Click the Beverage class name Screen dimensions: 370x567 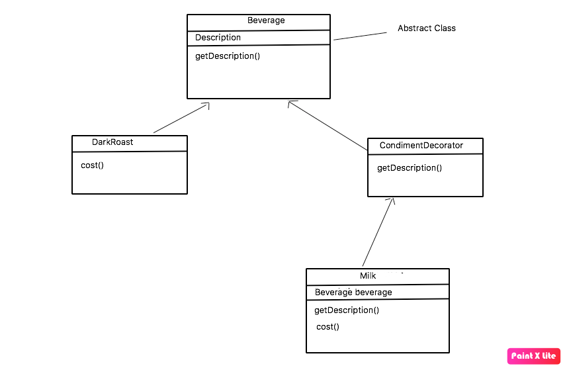click(266, 21)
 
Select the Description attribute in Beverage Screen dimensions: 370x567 click(218, 38)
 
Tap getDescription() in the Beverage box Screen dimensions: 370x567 click(227, 56)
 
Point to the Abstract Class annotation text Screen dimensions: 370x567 click(426, 28)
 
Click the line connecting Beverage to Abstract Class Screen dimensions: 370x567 click(360, 36)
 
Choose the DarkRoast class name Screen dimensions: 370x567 click(112, 142)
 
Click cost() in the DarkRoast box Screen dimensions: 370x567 click(92, 165)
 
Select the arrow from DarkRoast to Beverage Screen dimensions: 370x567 click(180, 118)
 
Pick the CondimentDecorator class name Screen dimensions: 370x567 click(421, 146)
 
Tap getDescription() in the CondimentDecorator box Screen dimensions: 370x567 click(409, 168)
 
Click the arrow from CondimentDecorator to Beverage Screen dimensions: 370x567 click(329, 126)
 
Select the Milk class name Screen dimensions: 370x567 click(368, 276)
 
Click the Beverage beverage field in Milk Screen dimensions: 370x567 click(353, 293)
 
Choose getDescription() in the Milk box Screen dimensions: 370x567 click(346, 310)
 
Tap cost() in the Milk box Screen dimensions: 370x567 click(327, 327)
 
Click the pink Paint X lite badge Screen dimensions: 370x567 click(533, 356)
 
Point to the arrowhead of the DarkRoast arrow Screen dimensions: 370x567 click(206, 105)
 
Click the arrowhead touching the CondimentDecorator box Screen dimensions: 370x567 click(392, 201)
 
